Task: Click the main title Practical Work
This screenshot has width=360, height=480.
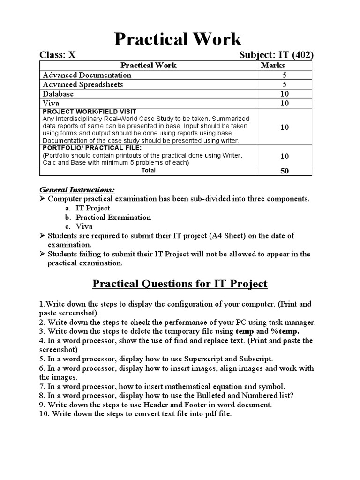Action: [178, 39]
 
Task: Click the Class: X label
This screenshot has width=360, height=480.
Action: [57, 55]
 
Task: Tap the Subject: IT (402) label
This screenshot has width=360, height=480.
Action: [276, 55]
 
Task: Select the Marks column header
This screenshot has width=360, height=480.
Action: [272, 65]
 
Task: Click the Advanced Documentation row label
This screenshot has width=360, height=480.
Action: [87, 75]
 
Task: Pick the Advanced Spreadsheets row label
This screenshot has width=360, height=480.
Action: [83, 84]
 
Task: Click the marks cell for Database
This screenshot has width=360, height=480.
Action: [285, 94]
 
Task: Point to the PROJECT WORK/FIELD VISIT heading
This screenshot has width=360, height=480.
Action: [90, 112]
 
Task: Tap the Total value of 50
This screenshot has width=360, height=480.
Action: [285, 171]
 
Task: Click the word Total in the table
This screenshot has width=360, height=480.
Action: [149, 171]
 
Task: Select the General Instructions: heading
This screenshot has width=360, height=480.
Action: [76, 189]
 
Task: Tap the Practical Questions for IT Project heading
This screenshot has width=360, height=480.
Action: [180, 284]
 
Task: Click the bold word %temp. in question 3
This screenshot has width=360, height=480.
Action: [285, 331]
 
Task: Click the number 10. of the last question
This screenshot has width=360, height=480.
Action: [44, 414]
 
